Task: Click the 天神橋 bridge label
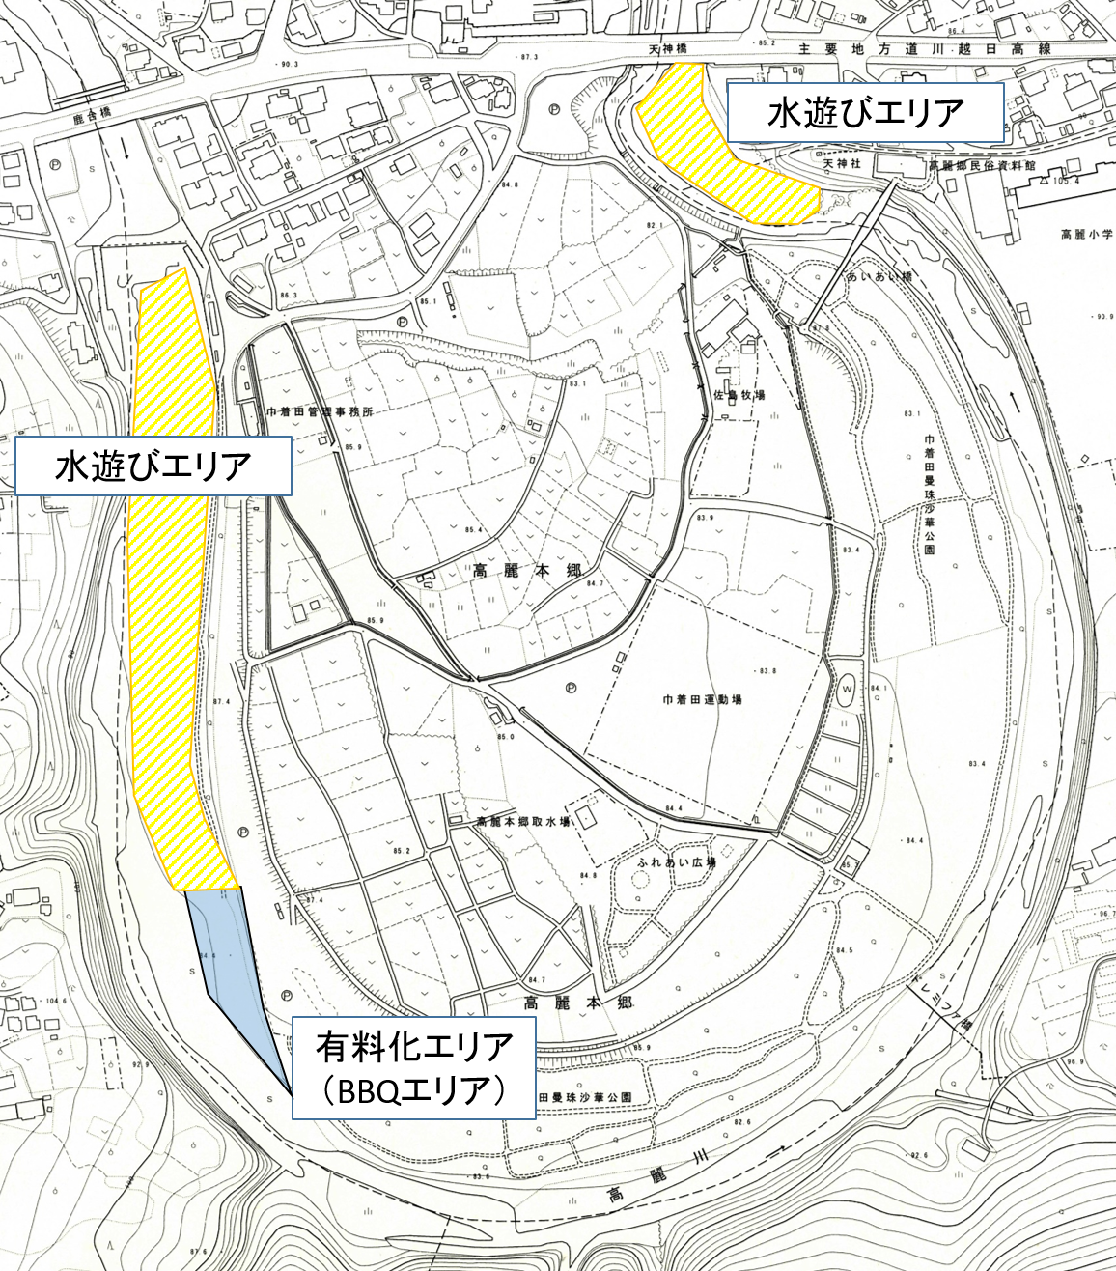665,48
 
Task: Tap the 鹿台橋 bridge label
93,112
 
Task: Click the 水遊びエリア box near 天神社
865,113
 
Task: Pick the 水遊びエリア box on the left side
153,466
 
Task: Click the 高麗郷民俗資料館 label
982,166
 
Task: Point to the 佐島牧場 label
739,395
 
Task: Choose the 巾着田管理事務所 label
319,411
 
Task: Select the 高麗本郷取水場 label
522,822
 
